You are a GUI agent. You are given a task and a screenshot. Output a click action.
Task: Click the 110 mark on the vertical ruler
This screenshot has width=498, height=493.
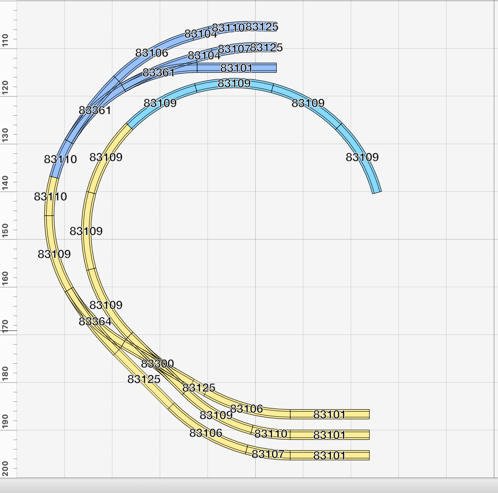pyautogui.click(x=5, y=40)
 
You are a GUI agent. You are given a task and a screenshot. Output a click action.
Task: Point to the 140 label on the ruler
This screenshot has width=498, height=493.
pyautogui.click(x=5, y=181)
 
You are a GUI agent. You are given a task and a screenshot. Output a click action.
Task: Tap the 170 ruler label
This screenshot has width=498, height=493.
pyautogui.click(x=5, y=324)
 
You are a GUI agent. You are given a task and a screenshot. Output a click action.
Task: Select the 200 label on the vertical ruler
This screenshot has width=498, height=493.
pyautogui.click(x=5, y=468)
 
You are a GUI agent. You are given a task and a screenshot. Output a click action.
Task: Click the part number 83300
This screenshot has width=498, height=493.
pyautogui.click(x=157, y=364)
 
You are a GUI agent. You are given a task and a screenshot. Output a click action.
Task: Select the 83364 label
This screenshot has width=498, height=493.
pyautogui.click(x=95, y=322)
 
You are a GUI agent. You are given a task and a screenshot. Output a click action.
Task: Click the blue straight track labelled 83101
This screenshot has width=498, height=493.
pyautogui.click(x=237, y=68)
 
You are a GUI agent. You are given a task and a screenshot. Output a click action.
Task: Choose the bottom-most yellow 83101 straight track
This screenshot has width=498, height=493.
pyautogui.click(x=330, y=455)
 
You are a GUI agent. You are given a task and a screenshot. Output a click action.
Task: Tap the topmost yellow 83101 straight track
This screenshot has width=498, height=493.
pyautogui.click(x=330, y=414)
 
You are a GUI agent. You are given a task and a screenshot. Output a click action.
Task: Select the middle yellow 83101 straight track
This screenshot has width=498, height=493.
pyautogui.click(x=330, y=435)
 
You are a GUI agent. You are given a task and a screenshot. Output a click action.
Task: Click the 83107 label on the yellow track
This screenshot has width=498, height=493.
pyautogui.click(x=268, y=454)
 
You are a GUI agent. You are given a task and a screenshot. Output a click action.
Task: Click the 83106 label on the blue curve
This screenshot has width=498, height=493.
pyautogui.click(x=152, y=53)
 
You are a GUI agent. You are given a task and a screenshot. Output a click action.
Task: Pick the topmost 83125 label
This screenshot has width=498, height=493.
pyautogui.click(x=262, y=27)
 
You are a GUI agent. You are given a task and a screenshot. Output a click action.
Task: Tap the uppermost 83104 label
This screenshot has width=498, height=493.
pyautogui.click(x=200, y=34)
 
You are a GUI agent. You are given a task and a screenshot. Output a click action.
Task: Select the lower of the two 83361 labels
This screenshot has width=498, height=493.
pyautogui.click(x=95, y=111)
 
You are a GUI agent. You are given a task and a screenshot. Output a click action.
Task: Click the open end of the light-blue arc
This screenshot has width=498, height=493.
pyautogui.click(x=377, y=192)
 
